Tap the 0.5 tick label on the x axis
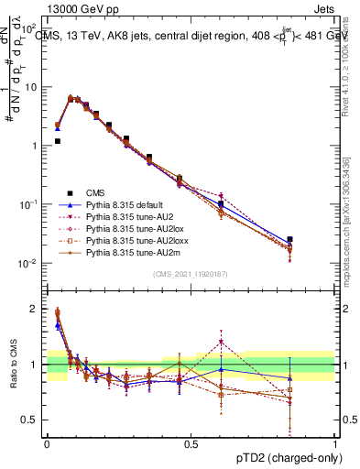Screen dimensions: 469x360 pyautogui.click(x=191, y=444)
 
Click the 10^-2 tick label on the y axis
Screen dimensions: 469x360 pyautogui.click(x=29, y=264)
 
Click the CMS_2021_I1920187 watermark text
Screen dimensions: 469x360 pyautogui.click(x=191, y=274)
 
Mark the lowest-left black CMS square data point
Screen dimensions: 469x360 pyautogui.click(x=58, y=141)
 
